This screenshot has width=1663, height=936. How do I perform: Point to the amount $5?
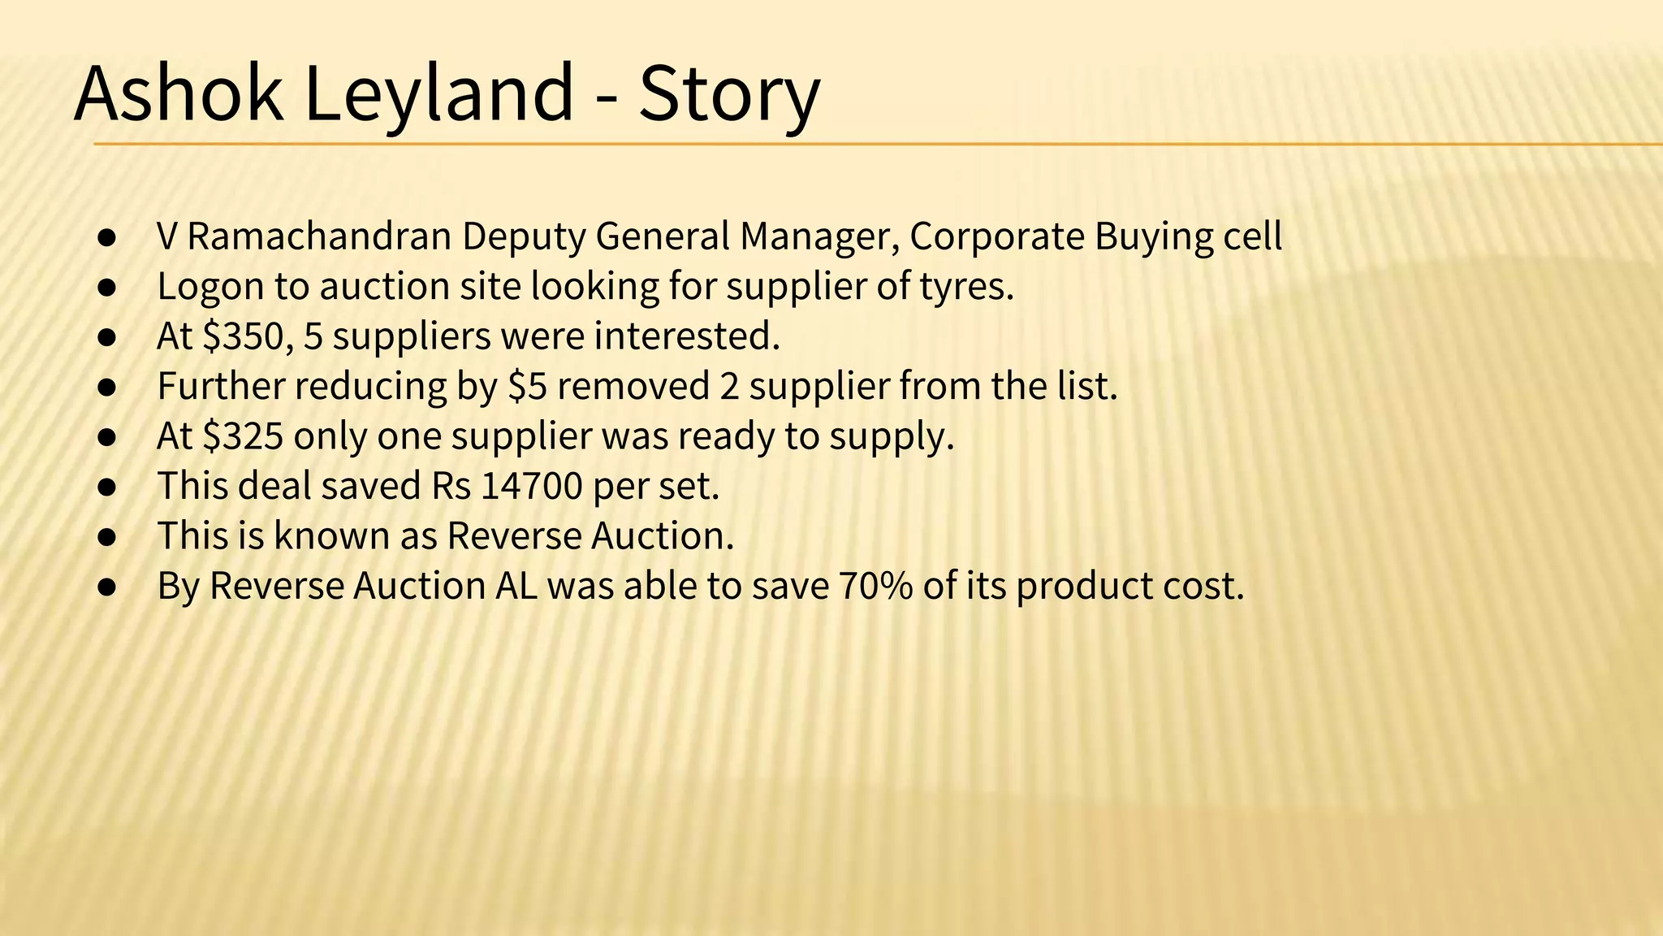pyautogui.click(x=527, y=387)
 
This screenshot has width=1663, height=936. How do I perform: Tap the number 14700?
pyautogui.click(x=532, y=487)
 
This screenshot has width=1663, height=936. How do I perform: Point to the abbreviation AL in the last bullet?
pyautogui.click(x=516, y=587)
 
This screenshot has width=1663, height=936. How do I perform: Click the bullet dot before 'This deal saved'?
pyautogui.click(x=107, y=487)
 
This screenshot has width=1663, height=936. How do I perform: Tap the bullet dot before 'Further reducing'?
pyautogui.click(x=107, y=388)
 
